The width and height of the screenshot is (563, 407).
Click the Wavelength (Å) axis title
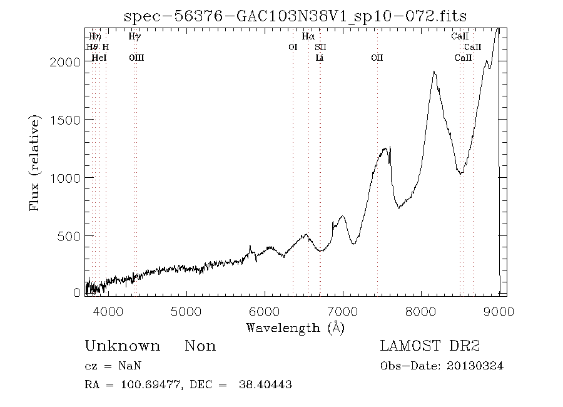point(295,327)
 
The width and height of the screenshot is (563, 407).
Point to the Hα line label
point(308,37)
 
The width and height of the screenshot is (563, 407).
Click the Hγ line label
point(134,37)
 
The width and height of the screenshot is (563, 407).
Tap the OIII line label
point(136,58)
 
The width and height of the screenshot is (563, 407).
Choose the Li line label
point(320,58)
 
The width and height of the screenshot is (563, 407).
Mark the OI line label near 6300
point(292,47)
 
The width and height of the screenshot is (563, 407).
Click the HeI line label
point(99,58)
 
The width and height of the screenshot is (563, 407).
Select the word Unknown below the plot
point(122,346)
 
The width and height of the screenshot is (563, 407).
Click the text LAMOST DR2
point(430,346)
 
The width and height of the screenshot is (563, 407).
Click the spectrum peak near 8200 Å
point(434,72)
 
